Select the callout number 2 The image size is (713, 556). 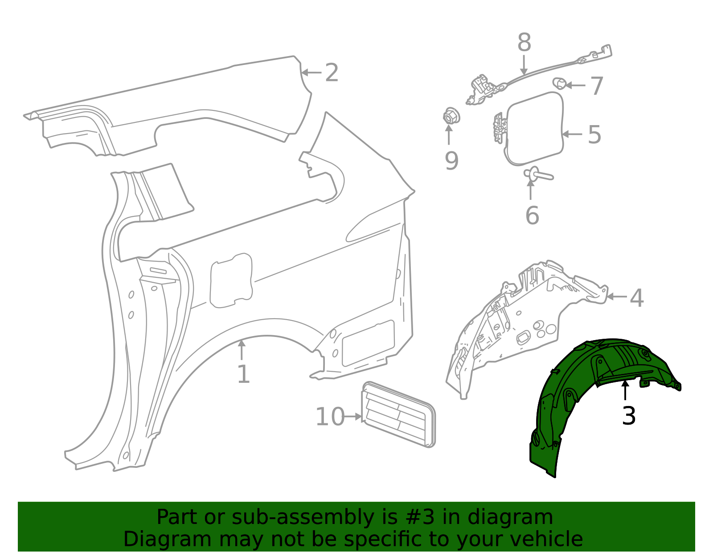(x=332, y=73)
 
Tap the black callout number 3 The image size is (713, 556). (x=628, y=416)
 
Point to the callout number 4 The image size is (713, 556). (x=637, y=298)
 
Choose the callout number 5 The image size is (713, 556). (x=594, y=134)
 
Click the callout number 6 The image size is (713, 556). (x=532, y=215)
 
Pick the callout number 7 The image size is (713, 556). (x=597, y=85)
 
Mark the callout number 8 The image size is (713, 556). (x=524, y=43)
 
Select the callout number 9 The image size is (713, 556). (x=451, y=161)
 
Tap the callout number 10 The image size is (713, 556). (x=330, y=417)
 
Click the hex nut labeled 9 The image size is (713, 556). (x=449, y=117)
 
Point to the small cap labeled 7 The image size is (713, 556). (x=559, y=83)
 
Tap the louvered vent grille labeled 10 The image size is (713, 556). (x=398, y=414)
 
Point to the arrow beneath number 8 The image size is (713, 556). (x=524, y=65)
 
